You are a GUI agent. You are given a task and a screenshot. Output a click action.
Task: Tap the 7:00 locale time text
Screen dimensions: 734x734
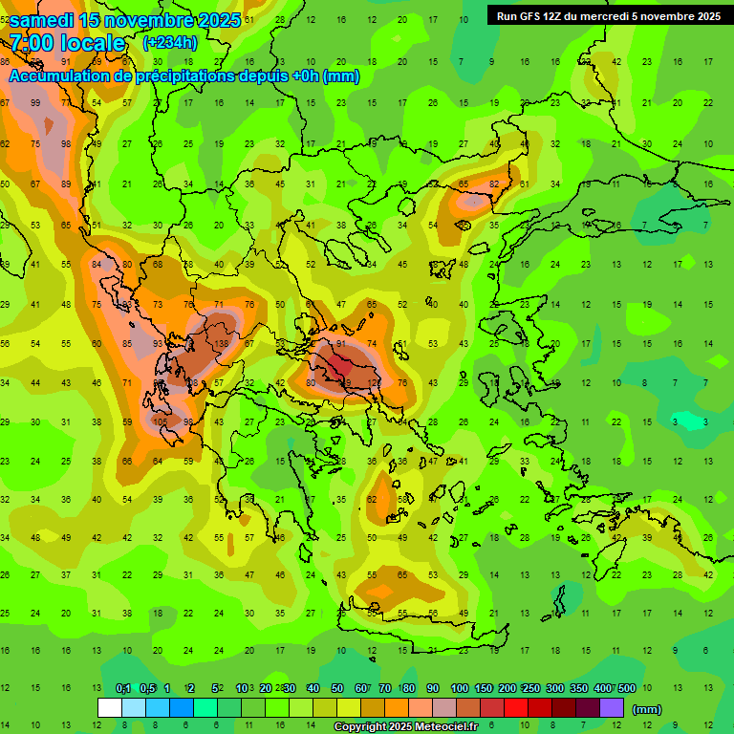(x=67, y=43)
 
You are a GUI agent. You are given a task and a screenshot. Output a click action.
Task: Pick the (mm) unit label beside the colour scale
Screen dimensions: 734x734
(x=647, y=709)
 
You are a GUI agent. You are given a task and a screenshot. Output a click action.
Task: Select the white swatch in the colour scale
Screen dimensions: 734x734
(x=110, y=708)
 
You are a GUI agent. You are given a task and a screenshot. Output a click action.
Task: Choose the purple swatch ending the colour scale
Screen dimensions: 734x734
(x=612, y=708)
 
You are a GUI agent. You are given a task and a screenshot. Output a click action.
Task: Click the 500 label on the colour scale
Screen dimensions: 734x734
(x=627, y=689)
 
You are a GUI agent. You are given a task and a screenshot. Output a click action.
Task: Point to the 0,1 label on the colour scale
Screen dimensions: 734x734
(x=122, y=689)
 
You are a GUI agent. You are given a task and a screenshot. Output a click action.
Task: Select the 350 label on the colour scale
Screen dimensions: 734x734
(x=579, y=689)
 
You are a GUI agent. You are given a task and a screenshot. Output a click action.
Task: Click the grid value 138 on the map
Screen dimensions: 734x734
(x=221, y=343)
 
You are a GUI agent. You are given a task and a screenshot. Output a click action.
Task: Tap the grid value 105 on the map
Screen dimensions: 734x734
(x=160, y=421)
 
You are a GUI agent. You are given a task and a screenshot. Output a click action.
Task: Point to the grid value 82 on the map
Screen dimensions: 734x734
(x=494, y=183)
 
